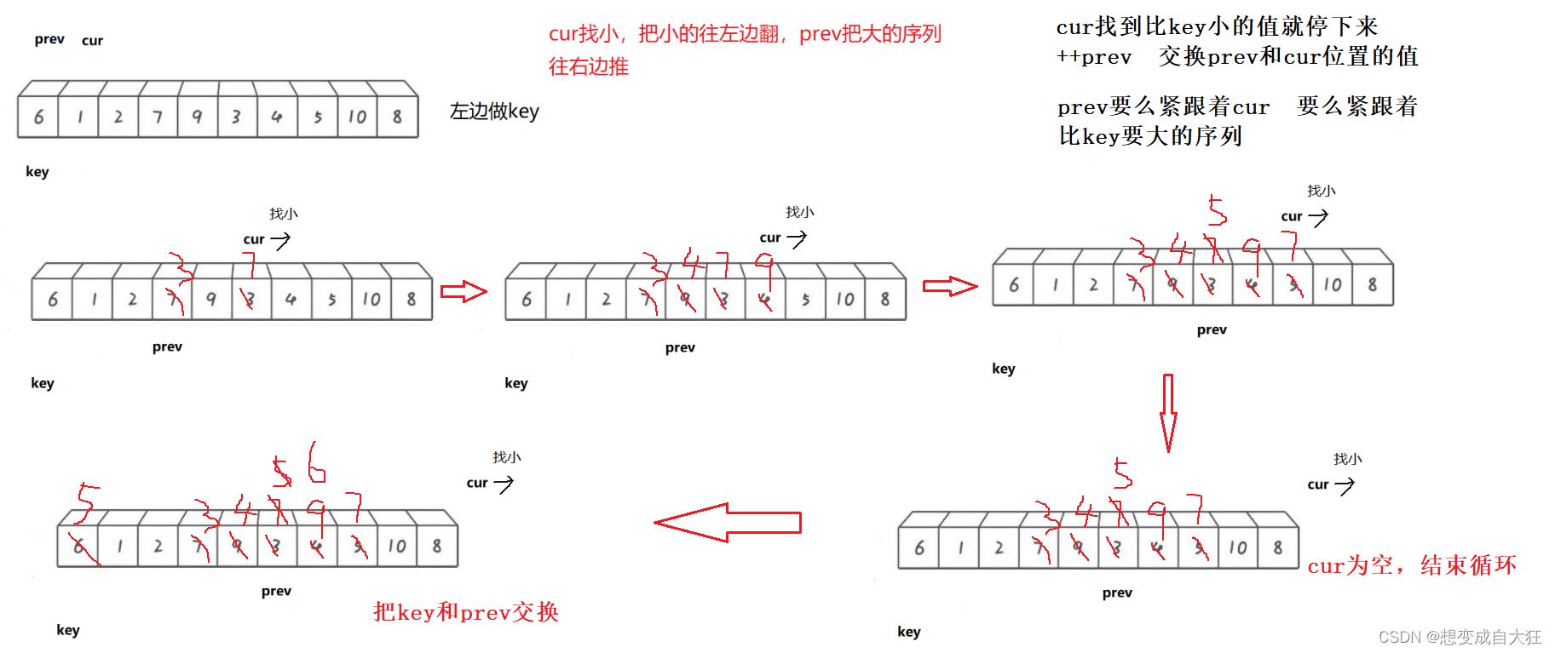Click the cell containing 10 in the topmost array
tap(358, 117)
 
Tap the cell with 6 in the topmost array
tap(38, 117)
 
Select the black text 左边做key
tap(494, 112)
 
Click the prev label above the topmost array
tap(49, 39)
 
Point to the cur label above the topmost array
tap(92, 40)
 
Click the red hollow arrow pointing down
tap(1168, 412)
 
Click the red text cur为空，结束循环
tap(1412, 565)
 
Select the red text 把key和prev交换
tap(465, 612)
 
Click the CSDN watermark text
tap(1460, 637)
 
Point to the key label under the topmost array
tap(37, 171)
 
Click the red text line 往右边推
tap(588, 66)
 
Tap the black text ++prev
tap(1094, 57)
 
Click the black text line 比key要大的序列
tap(1150, 136)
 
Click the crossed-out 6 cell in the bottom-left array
tap(78, 547)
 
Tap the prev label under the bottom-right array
tap(1117, 593)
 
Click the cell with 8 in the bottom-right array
tap(1278, 548)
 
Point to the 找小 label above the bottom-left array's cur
tap(507, 457)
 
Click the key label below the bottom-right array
tap(909, 632)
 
